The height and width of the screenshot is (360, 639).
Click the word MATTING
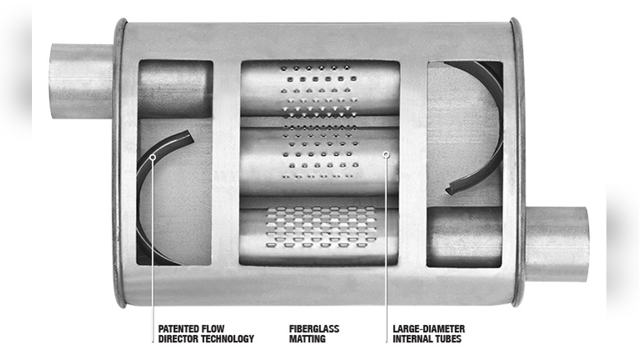(x=307, y=339)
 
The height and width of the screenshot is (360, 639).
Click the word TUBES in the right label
(x=449, y=339)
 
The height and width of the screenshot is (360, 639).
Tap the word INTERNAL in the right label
(x=413, y=339)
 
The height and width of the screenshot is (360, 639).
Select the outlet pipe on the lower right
(x=556, y=244)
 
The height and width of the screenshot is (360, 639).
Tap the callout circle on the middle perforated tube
(x=386, y=153)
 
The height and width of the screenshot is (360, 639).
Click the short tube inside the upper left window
(x=174, y=89)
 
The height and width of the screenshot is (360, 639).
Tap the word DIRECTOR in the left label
(x=178, y=339)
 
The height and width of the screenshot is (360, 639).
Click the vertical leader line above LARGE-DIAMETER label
(x=386, y=243)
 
